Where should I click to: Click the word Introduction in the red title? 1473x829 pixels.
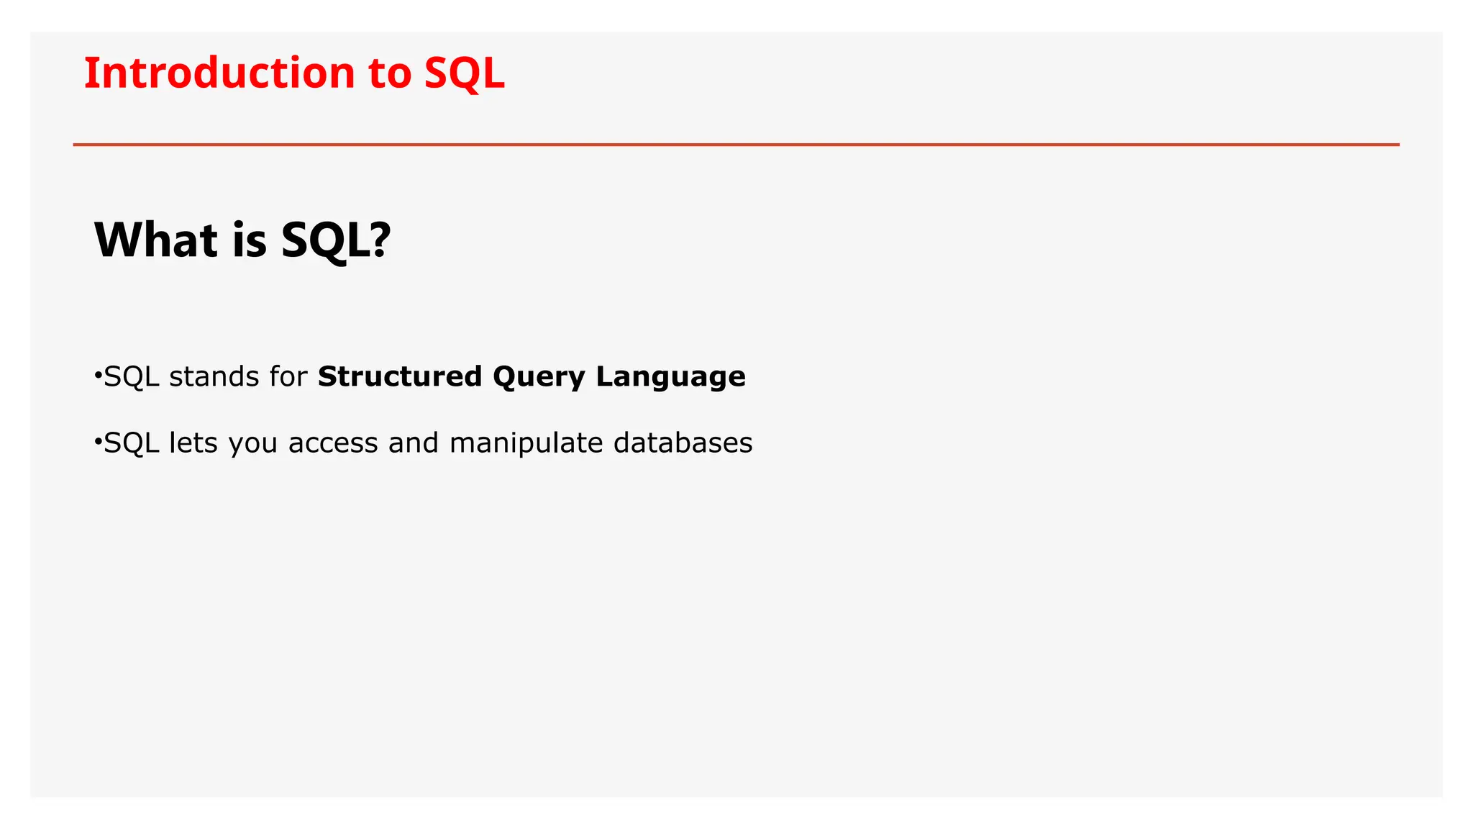pos(219,73)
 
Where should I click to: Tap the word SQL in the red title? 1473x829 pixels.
pos(464,73)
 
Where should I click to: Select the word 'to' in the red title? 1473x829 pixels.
pos(389,73)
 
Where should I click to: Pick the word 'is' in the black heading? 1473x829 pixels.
pos(250,240)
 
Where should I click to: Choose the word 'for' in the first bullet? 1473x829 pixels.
pos(288,376)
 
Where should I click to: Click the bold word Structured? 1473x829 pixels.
pos(400,376)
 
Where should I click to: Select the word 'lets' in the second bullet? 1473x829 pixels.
pos(193,443)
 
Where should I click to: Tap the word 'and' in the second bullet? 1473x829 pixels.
pos(414,443)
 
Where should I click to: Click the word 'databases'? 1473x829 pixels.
pos(683,443)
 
